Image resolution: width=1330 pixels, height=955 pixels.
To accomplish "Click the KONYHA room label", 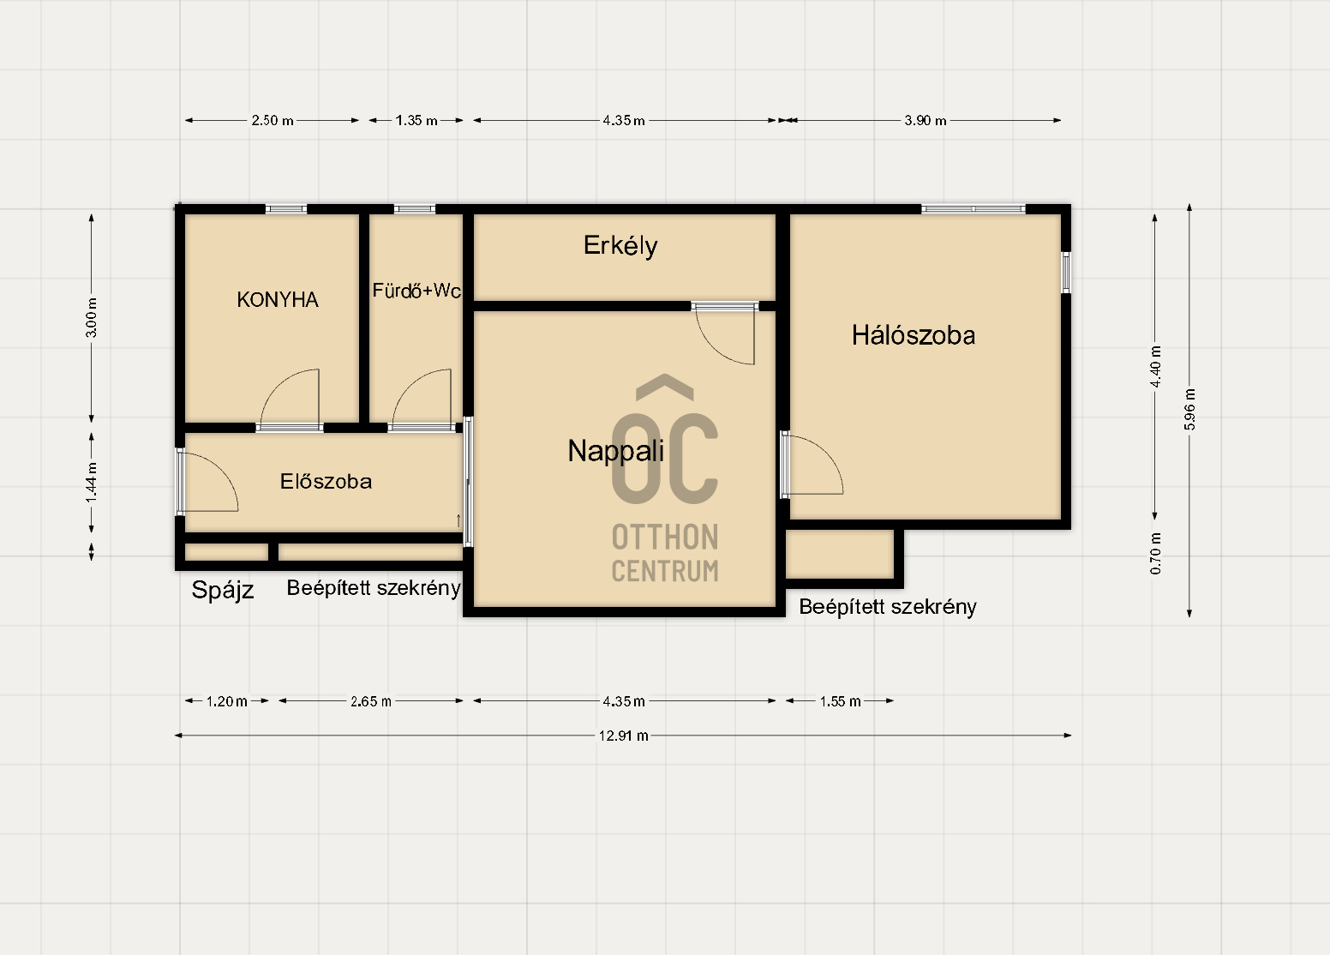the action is coord(278,300).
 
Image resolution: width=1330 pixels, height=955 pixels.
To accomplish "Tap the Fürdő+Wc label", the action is coord(416,291).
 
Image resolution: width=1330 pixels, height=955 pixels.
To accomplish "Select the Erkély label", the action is coord(620,246).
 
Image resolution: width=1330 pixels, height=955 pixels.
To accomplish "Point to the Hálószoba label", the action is coord(914,335).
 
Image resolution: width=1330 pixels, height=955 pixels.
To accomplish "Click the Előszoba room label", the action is coord(326,481).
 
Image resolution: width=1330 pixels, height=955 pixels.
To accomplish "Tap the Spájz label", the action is coord(223,591).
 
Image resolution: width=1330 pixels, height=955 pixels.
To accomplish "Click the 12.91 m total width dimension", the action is coord(624,736).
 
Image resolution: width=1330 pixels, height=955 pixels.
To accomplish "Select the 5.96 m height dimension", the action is coord(1189,409).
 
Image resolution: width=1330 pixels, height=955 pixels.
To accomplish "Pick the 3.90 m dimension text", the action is coord(925,121).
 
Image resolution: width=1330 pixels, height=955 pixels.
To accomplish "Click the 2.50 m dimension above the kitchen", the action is coord(272,121).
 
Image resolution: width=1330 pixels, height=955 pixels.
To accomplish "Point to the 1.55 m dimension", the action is coord(840,701).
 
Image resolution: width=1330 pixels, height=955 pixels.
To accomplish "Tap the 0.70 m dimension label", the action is coord(1155,554).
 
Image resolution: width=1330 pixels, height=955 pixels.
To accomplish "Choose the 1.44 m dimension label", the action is coord(92,483).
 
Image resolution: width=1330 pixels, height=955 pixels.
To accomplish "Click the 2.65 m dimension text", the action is coord(370,701).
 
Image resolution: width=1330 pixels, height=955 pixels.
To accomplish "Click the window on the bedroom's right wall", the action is coord(1066,273).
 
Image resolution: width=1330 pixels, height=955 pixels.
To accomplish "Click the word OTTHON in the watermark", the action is coord(665,538).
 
